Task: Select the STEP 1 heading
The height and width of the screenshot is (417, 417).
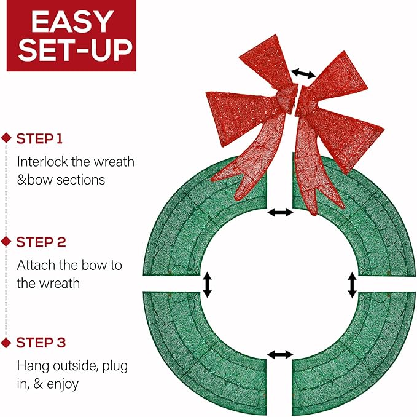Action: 40,138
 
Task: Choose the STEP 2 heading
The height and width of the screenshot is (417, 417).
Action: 41,242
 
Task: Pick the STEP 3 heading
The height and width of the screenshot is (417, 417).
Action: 41,343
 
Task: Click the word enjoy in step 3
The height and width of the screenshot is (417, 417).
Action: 61,384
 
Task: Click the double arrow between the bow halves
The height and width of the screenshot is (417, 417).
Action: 303,73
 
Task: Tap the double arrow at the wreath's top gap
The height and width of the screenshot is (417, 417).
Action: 281,212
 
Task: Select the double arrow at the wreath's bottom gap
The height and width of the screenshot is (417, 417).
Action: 281,355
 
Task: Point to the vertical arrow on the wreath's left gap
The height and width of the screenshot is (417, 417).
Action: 208,285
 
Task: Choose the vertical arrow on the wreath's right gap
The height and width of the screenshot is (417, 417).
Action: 352,285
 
